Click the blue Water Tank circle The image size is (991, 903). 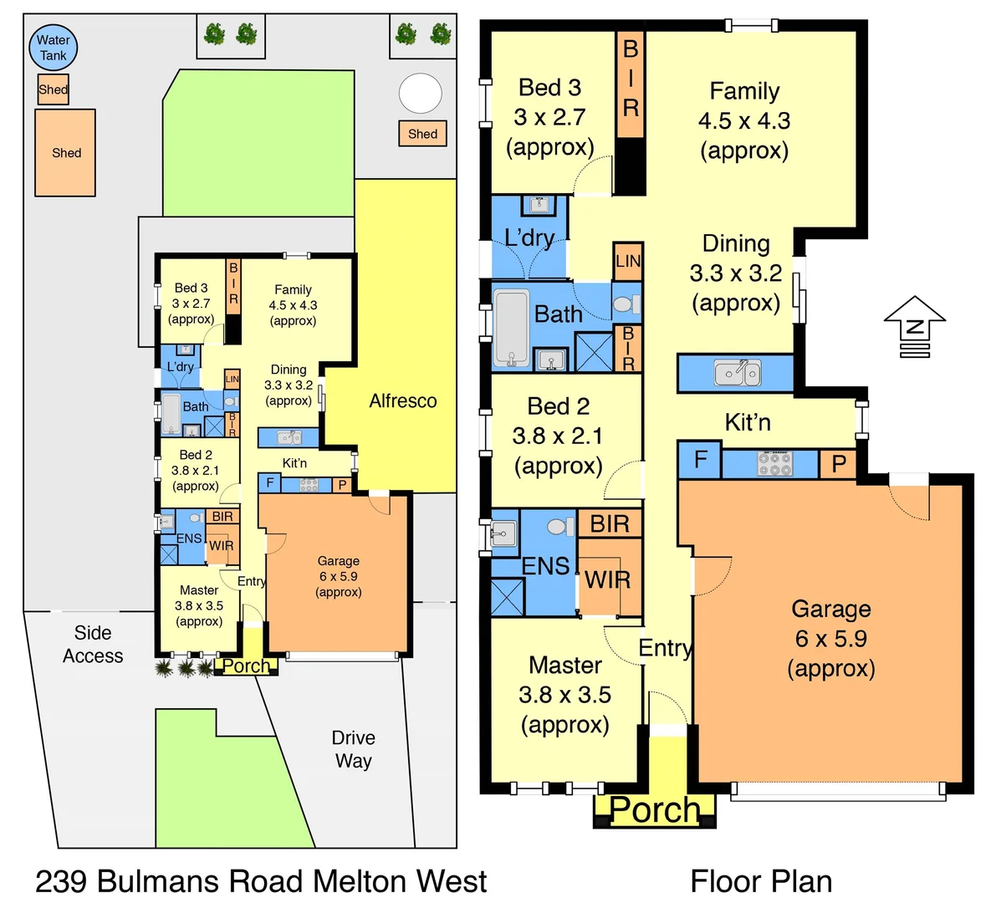click(x=53, y=48)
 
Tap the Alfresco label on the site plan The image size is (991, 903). click(x=403, y=401)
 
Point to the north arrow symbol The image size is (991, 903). click(x=914, y=325)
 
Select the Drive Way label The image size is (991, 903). click(x=353, y=749)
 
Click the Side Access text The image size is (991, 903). click(x=93, y=645)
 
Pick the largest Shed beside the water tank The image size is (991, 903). click(x=65, y=153)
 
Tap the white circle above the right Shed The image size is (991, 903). click(x=420, y=94)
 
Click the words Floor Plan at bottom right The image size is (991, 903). click(x=760, y=881)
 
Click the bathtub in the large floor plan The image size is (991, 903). click(x=511, y=329)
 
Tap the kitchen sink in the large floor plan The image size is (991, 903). click(x=737, y=372)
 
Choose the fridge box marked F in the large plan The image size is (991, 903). click(x=701, y=460)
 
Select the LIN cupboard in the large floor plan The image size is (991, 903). click(x=628, y=261)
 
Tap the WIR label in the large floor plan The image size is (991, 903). click(x=607, y=579)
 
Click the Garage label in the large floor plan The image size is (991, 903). click(x=831, y=609)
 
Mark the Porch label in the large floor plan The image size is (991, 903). click(x=655, y=809)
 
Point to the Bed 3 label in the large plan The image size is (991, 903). click(x=549, y=88)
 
